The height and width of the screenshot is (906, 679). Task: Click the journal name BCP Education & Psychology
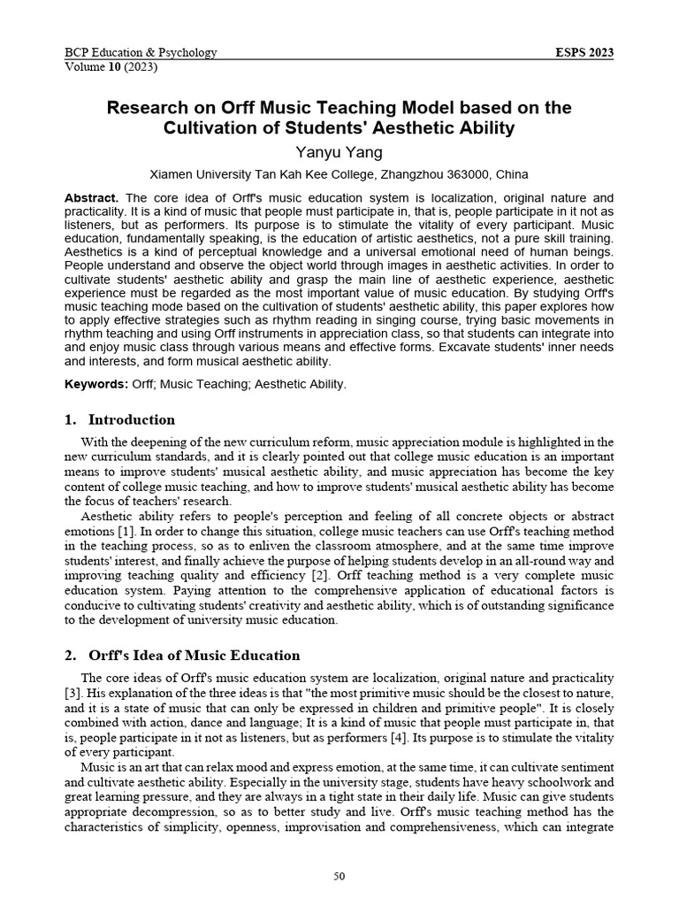pyautogui.click(x=141, y=52)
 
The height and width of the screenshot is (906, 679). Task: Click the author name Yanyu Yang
pyautogui.click(x=339, y=152)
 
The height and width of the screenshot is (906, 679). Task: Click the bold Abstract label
pyautogui.click(x=93, y=197)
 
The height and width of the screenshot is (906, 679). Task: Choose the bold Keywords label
pyautogui.click(x=96, y=384)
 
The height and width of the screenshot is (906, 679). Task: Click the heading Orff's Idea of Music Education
pyautogui.click(x=194, y=656)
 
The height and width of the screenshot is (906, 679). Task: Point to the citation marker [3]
pyautogui.click(x=73, y=691)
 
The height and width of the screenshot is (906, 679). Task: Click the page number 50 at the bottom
pyautogui.click(x=339, y=876)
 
